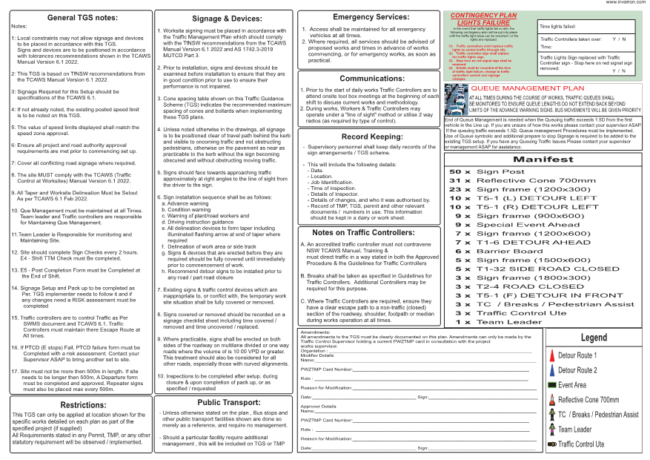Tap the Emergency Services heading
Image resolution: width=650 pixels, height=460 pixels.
pyautogui.click(x=371, y=16)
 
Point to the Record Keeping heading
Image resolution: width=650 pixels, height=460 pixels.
pyautogui.click(x=371, y=137)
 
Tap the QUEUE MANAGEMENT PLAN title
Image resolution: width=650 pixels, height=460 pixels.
pyautogui.click(x=518, y=88)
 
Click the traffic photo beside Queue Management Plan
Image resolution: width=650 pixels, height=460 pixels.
pyautogui.click(x=455, y=98)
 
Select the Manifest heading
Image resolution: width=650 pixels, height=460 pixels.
pyautogui.click(x=543, y=160)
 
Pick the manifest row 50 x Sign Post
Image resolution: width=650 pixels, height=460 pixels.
pyautogui.click(x=497, y=171)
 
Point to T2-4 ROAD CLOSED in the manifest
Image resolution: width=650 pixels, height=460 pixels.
pyautogui.click(x=520, y=286)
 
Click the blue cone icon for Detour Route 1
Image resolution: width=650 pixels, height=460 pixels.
pyautogui.click(x=551, y=355)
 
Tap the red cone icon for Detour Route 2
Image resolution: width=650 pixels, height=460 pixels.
pyautogui.click(x=551, y=369)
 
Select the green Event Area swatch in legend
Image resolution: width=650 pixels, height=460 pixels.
pyautogui.click(x=551, y=385)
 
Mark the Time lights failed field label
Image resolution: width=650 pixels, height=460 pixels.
pyautogui.click(x=558, y=26)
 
